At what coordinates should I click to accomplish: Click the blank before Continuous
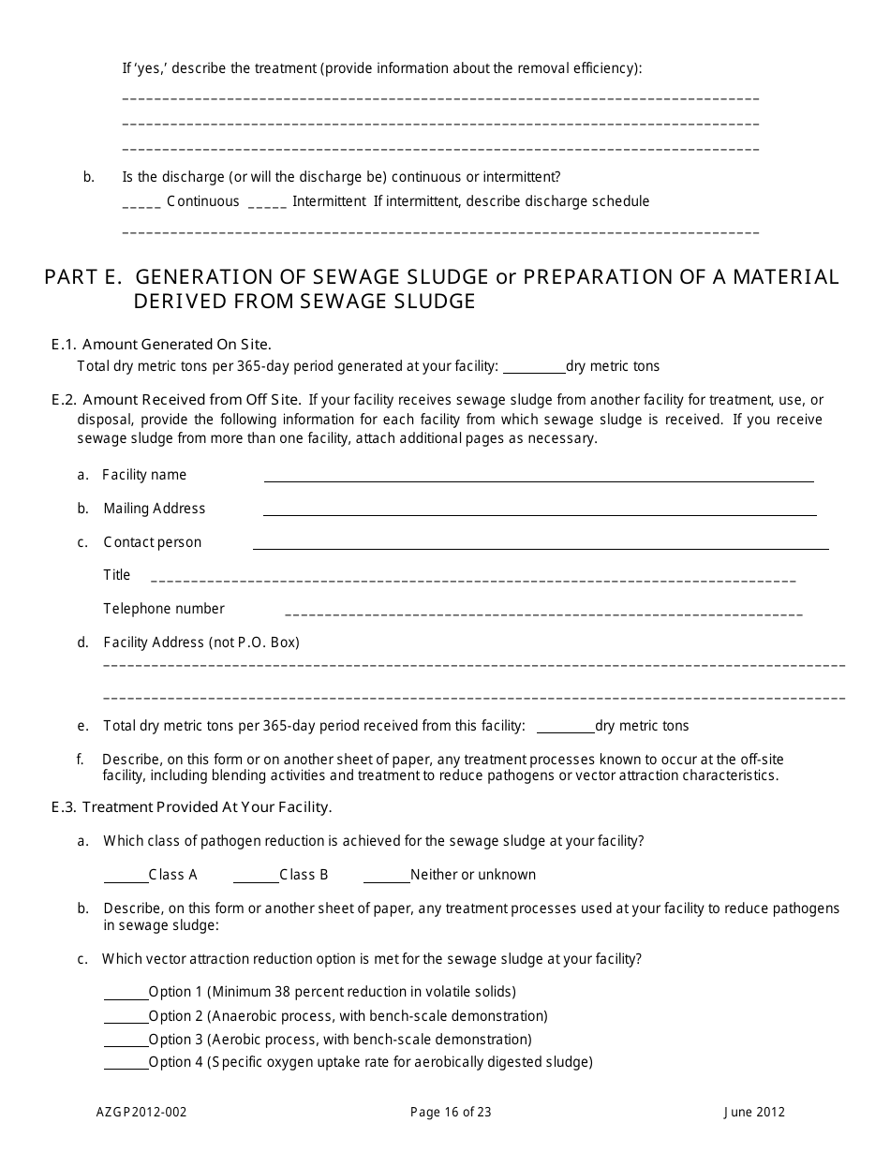141,203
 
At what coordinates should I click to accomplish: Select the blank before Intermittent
267,203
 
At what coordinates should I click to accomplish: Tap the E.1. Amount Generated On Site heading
161,345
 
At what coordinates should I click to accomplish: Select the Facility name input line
539,477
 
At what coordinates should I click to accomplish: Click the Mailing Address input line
539,510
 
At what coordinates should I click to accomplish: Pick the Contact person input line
541,544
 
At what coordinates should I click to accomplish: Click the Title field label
117,575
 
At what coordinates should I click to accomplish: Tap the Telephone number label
164,609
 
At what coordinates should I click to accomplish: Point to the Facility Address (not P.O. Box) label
201,642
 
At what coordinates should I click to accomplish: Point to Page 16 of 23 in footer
451,1113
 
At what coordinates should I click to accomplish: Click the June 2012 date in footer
754,1113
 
